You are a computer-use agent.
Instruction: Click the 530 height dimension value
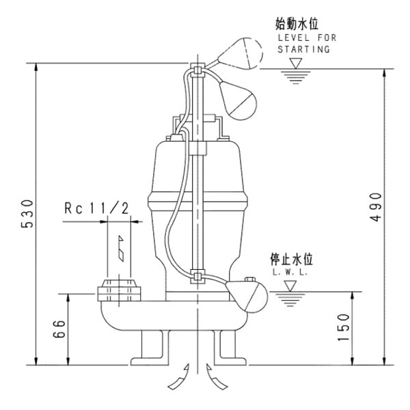tap(25, 216)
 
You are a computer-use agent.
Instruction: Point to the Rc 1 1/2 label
tap(96, 208)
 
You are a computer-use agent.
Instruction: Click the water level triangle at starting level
tap(296, 64)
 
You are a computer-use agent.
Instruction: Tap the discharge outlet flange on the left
tap(119, 290)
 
